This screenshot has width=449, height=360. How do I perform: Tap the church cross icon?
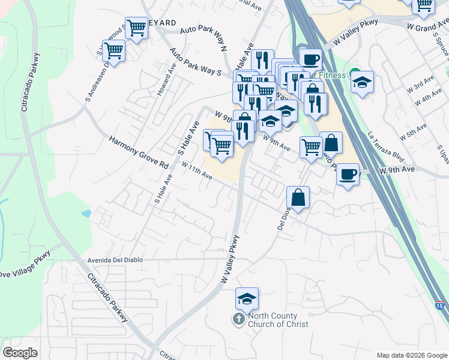click(x=238, y=319)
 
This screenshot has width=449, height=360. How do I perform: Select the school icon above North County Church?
click(x=246, y=298)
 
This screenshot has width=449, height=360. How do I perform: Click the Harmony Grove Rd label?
click(x=138, y=152)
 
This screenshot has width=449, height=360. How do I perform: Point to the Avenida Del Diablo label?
click(x=114, y=260)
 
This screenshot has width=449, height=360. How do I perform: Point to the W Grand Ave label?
click(x=428, y=28)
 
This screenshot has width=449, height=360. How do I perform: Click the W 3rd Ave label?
click(x=420, y=84)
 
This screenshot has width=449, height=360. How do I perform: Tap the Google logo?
click(x=20, y=352)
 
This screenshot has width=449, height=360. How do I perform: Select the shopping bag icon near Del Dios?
click(x=298, y=197)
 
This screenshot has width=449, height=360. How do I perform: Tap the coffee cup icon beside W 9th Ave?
click(x=348, y=175)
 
